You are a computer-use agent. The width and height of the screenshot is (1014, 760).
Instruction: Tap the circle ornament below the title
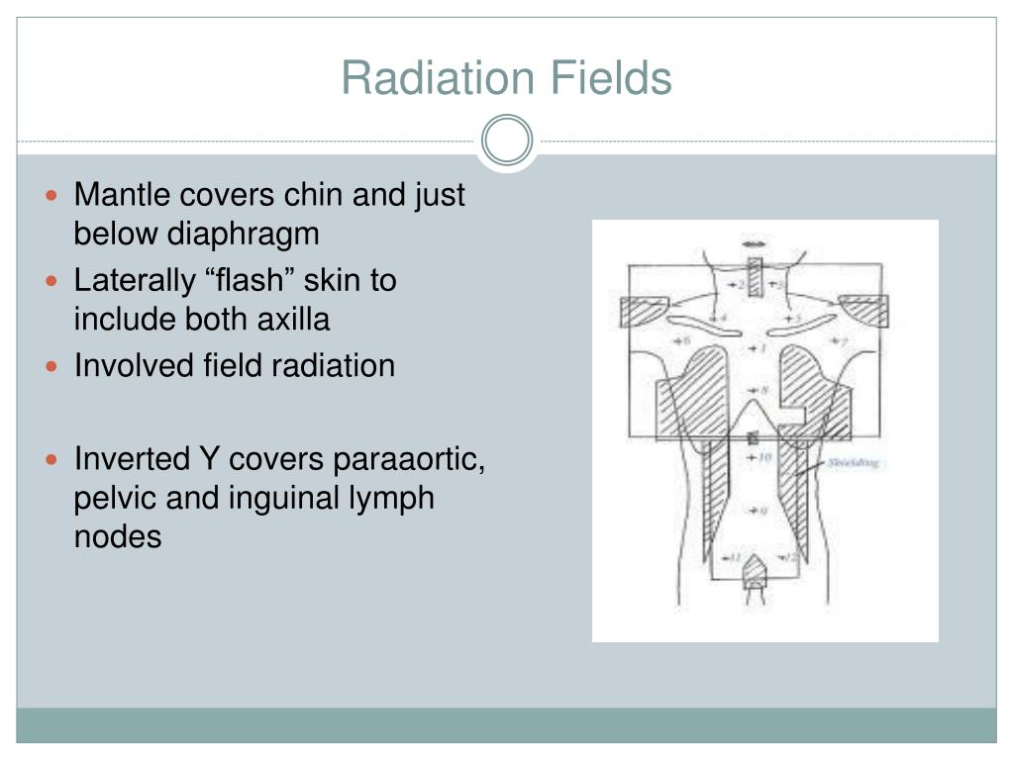tap(507, 141)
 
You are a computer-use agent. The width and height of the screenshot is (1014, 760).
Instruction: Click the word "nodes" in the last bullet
tap(118, 536)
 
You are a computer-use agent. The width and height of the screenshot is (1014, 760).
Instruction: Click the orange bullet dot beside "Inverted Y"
tap(54, 461)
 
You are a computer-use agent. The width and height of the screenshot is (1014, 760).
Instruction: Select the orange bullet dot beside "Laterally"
tap(54, 281)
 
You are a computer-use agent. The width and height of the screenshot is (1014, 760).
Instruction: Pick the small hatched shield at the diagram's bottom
tap(755, 568)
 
